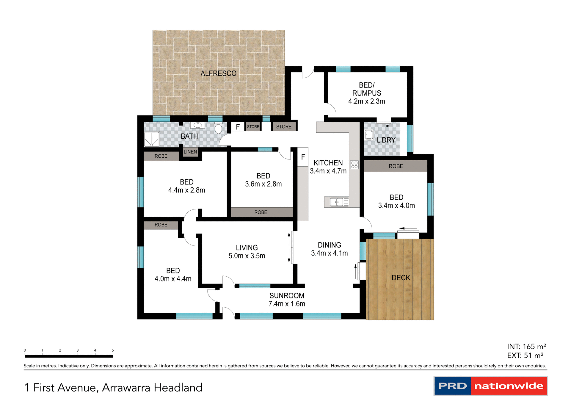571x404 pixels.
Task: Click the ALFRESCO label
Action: point(218,73)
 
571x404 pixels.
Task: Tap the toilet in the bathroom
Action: point(218,128)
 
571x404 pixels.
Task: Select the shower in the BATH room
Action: point(152,139)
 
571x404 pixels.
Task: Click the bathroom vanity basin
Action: point(197,125)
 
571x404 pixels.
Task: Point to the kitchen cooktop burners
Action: point(354,165)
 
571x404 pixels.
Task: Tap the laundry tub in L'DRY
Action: point(369,135)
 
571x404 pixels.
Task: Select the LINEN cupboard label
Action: point(190,152)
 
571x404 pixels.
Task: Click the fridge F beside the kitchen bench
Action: point(303,157)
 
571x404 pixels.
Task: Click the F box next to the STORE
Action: point(238,127)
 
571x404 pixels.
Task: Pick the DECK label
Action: point(401,278)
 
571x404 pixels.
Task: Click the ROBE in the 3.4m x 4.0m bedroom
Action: point(396,166)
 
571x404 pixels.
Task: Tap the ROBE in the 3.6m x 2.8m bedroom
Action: point(261,212)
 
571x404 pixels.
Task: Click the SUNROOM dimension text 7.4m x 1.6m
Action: point(287,304)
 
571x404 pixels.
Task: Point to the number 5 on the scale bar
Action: point(113,350)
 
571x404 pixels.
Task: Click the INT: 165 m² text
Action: point(526,347)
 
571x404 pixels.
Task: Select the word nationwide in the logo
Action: point(509,386)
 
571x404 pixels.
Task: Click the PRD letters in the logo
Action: point(452,386)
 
